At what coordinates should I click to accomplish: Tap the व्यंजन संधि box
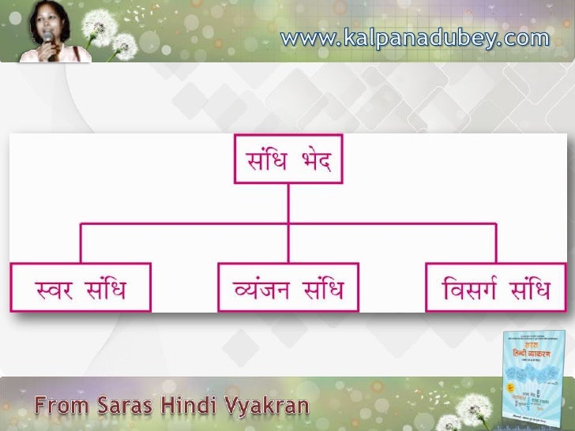pos(287,288)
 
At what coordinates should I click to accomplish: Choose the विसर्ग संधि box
pos(497,288)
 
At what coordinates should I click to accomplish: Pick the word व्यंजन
pos(261,289)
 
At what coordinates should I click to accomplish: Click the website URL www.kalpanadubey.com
pos(414,37)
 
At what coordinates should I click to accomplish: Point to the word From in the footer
pos(64,409)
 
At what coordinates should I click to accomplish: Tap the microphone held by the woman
pos(49,41)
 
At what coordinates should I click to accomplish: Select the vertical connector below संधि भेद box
pos(287,204)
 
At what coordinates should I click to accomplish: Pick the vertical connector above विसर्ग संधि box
pos(495,245)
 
